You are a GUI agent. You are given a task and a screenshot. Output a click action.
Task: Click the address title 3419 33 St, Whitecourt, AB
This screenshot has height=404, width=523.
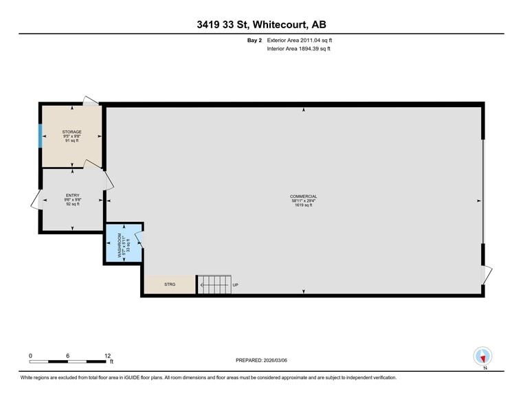point(261,25)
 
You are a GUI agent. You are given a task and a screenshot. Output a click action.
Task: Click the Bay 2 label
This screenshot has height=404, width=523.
point(254,41)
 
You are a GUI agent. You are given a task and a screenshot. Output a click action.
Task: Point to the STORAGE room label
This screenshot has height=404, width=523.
point(72,132)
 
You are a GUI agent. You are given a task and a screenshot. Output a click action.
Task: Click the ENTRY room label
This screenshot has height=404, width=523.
point(73,195)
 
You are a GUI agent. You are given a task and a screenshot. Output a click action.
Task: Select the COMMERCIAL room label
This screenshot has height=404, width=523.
point(303,197)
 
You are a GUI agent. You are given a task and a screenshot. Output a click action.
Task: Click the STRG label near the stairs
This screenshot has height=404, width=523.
point(170,284)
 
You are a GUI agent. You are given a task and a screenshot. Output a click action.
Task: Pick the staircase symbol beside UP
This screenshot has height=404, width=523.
point(214,284)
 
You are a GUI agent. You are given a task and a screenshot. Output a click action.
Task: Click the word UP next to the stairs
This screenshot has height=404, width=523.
point(235,284)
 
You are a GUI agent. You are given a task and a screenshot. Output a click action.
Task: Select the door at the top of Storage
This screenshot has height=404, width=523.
point(91,102)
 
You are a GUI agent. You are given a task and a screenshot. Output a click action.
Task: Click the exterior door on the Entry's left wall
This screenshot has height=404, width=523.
point(35,201)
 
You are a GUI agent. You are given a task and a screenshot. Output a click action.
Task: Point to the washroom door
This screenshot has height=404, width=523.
point(139,238)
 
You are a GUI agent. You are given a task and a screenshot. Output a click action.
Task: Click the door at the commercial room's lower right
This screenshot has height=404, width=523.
point(487,273)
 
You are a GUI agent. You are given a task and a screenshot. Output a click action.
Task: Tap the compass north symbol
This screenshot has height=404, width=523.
point(484,357)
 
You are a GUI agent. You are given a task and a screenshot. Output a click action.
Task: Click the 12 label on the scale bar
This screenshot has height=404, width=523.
point(107,356)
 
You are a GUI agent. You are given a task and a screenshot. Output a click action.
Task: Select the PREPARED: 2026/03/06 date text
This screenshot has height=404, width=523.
point(261,360)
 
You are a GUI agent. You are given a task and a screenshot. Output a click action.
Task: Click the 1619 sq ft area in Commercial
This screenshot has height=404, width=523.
point(303,205)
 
